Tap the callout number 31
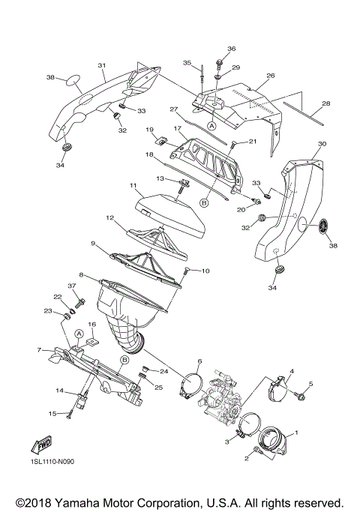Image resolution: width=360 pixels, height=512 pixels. tap(101, 65)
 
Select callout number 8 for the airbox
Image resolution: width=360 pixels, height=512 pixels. tap(81, 275)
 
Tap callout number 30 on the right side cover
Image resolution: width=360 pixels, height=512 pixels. tap(322, 143)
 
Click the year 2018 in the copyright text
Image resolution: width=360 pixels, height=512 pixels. tap(40, 502)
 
